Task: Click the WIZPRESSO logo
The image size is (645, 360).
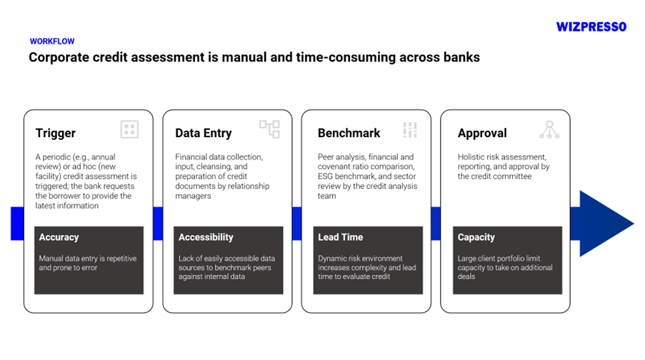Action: click(x=591, y=27)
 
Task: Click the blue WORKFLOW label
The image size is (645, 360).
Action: click(x=52, y=41)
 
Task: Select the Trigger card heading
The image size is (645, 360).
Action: click(x=56, y=133)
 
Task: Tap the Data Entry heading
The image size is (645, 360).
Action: click(x=203, y=133)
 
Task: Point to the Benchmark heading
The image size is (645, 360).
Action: click(x=349, y=133)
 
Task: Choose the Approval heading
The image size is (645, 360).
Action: click(x=482, y=133)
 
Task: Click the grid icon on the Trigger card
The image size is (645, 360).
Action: click(x=129, y=129)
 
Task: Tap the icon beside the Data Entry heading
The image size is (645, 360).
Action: click(x=269, y=129)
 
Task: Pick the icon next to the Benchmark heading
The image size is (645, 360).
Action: click(x=410, y=129)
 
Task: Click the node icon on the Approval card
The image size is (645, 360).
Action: click(x=549, y=129)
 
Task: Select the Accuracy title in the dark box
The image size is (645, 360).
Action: click(x=59, y=237)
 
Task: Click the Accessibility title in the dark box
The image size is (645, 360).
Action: click(x=206, y=237)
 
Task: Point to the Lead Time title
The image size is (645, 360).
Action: click(x=340, y=237)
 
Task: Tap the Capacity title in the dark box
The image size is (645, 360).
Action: click(x=476, y=237)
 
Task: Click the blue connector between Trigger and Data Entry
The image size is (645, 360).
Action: click(x=158, y=224)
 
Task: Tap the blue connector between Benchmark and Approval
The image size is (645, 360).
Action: click(x=436, y=224)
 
